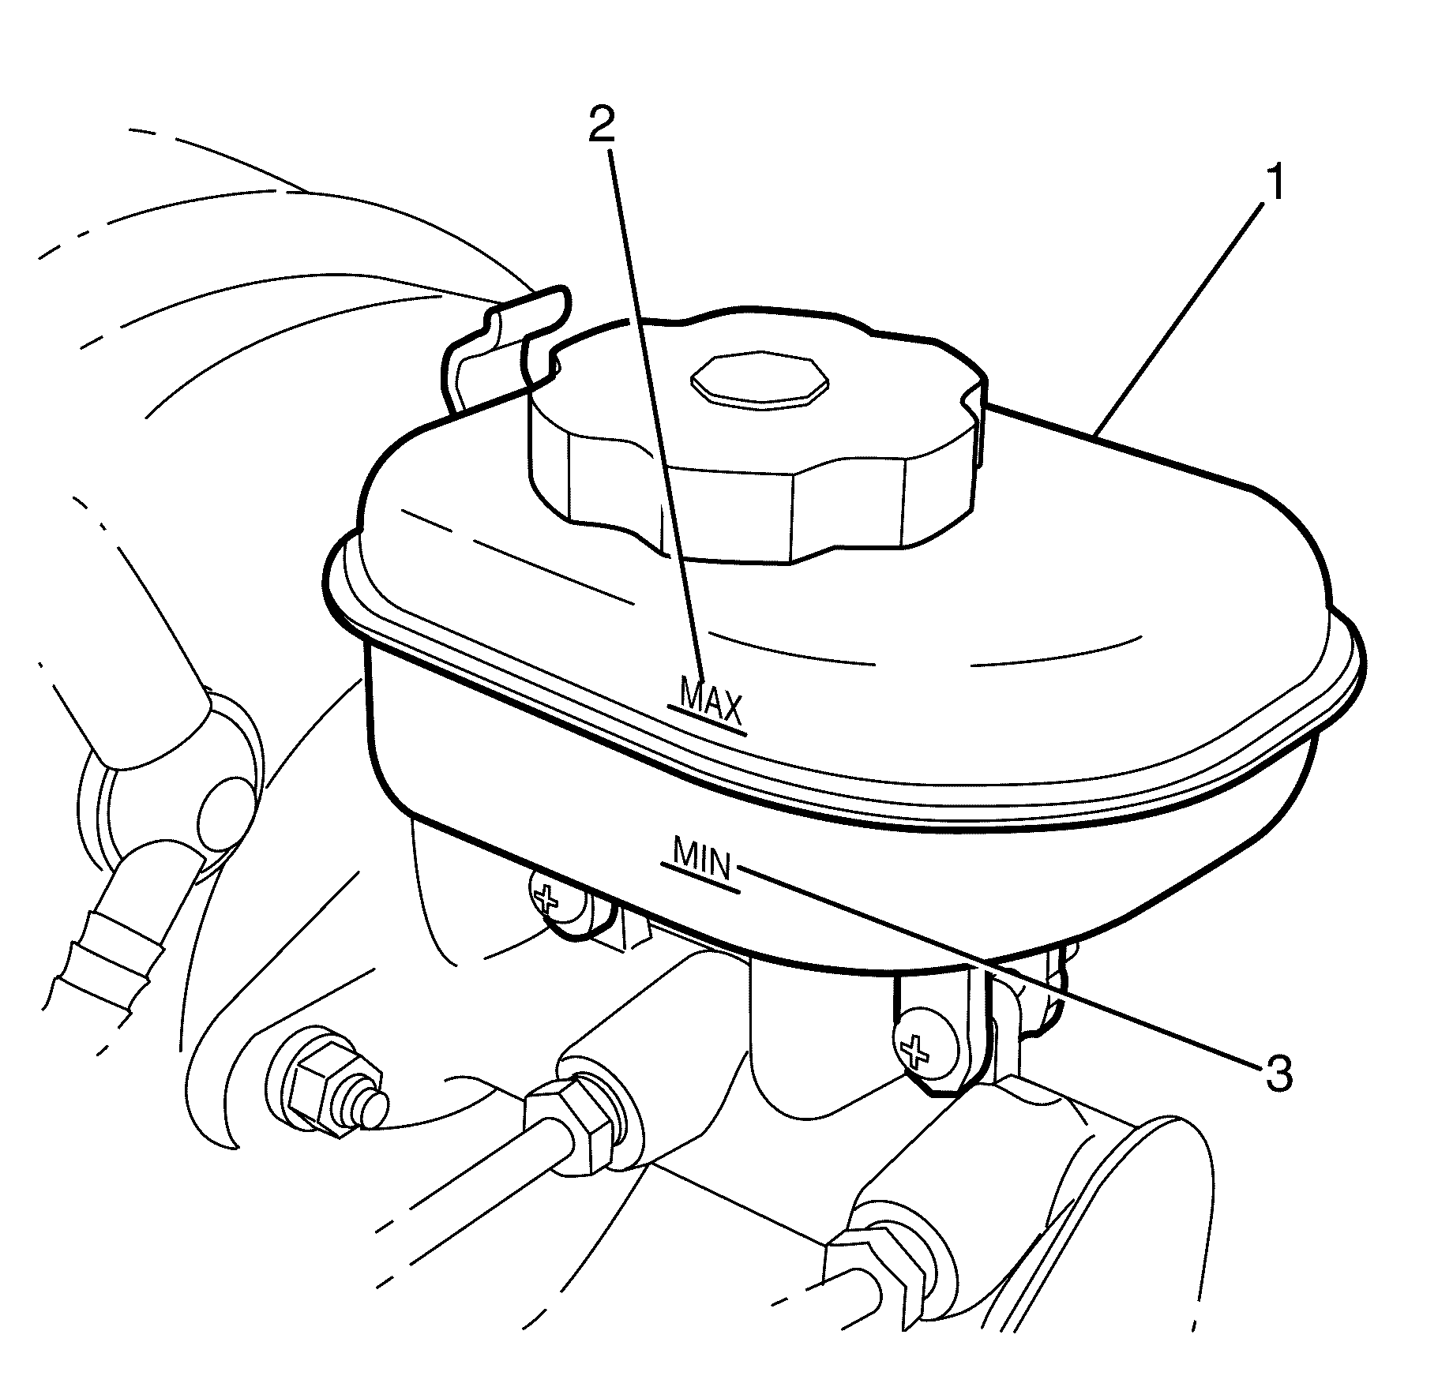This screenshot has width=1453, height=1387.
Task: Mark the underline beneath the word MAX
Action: coord(707,721)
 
